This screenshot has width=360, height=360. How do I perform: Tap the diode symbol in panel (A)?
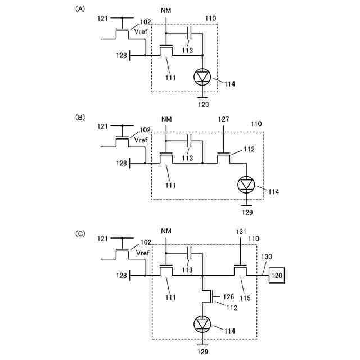click(202, 76)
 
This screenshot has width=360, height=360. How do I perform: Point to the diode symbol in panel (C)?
click(202, 324)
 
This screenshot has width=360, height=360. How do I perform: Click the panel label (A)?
click(81, 9)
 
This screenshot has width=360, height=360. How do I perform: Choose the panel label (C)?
click(81, 231)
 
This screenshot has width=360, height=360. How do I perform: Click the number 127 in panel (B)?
click(224, 119)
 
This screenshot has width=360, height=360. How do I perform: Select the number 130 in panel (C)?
click(266, 256)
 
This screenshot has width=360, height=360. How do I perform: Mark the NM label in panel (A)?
click(166, 11)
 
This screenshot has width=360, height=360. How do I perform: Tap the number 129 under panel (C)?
click(202, 352)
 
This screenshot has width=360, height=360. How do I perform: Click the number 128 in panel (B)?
click(121, 163)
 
